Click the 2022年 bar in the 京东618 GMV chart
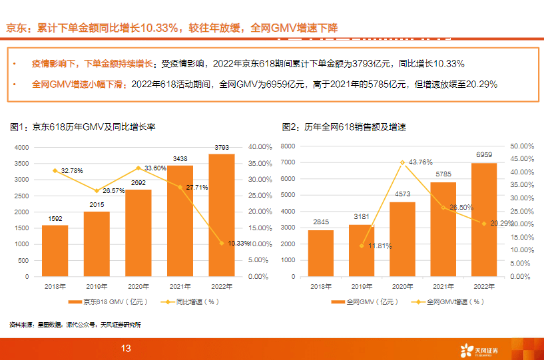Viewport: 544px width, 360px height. [x=221, y=214]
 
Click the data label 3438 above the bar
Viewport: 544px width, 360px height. [x=180, y=159]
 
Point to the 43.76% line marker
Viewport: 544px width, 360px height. [x=402, y=162]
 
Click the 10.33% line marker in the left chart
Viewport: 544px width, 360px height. [x=221, y=243]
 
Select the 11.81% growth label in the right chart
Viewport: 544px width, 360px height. [x=377, y=246]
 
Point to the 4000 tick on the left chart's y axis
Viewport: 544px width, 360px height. [x=21, y=147]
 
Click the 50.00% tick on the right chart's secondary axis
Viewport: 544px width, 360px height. [x=521, y=146]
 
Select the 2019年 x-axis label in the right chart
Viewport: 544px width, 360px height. [x=361, y=286]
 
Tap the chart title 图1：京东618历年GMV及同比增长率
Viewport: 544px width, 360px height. [x=83, y=126]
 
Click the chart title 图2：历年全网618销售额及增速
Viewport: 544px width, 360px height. [x=344, y=126]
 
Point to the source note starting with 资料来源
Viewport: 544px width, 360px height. [x=75, y=325]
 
